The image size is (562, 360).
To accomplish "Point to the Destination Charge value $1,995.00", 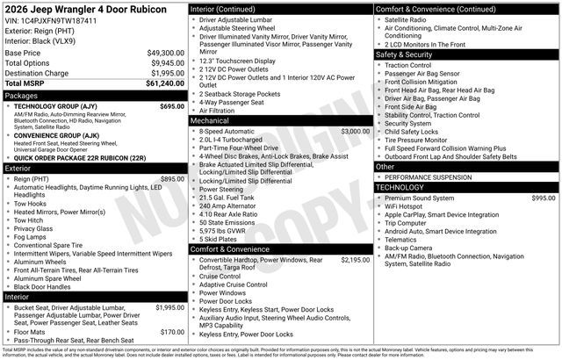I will pos(163,73).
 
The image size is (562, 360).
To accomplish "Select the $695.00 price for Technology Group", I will pos(171,105).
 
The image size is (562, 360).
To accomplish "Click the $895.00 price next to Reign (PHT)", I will pos(171,178).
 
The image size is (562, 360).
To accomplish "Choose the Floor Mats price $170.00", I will pos(171,332).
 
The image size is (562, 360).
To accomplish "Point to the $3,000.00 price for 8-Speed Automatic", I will pos(355,131).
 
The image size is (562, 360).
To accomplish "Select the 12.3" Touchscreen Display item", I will pos(237,61).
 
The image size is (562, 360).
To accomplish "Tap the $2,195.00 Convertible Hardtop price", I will pos(355,260).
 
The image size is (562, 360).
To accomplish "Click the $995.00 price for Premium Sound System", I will pos(543,198).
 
